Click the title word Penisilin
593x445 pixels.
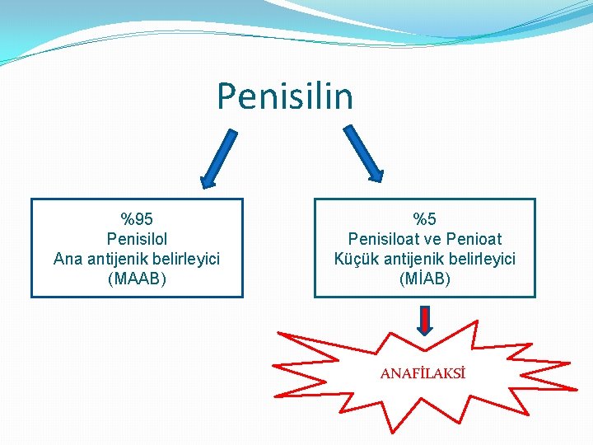(285, 96)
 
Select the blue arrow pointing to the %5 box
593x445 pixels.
(363, 152)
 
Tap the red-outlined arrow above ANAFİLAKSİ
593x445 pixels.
(425, 320)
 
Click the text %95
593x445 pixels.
(137, 219)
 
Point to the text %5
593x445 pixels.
(425, 219)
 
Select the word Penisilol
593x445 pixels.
(137, 239)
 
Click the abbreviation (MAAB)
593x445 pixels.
(137, 279)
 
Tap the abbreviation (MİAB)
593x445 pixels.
(425, 279)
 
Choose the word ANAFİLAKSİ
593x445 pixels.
(423, 374)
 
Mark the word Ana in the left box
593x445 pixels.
(68, 259)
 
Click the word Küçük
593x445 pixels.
(354, 259)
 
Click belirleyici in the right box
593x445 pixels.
(481, 259)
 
